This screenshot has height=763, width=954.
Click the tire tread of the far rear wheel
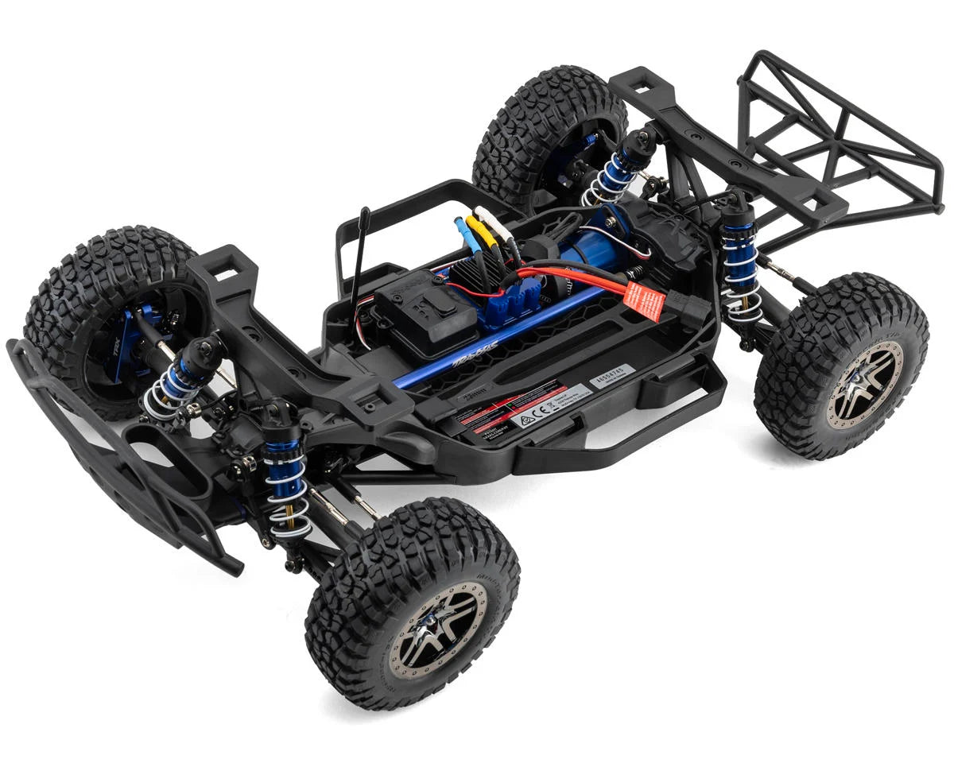(549, 111)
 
